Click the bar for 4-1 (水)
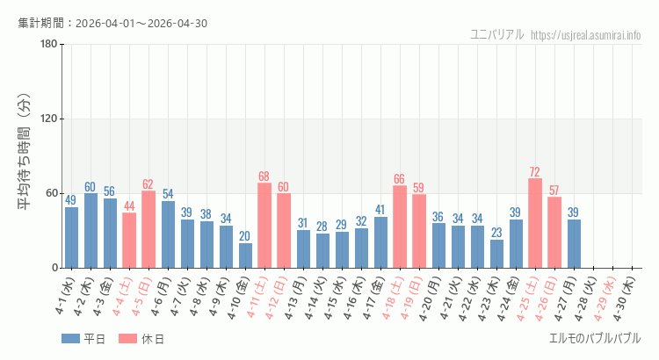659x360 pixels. (71, 238)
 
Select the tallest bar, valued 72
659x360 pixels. (535, 223)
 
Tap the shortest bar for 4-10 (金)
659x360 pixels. (245, 256)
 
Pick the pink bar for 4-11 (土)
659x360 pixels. (264, 226)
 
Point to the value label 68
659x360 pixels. (264, 176)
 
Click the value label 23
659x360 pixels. (496, 233)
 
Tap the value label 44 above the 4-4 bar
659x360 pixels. (129, 206)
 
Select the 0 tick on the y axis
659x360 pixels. (54, 268)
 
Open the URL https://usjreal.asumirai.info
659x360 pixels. (586, 35)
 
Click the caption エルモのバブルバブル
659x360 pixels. (595, 338)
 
